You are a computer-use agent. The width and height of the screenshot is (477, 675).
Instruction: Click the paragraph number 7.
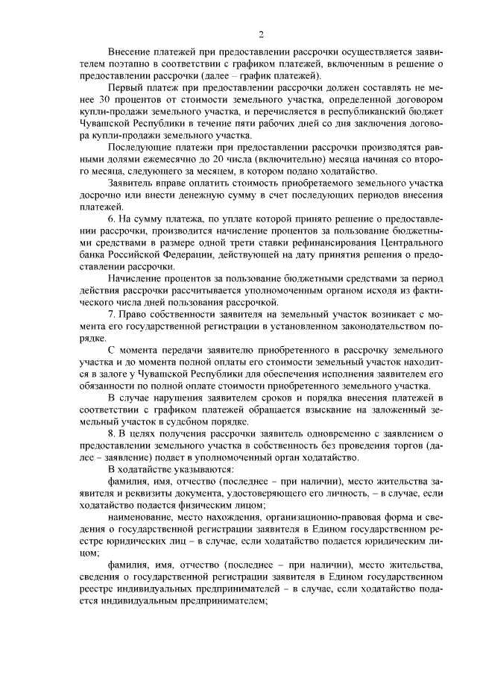tap(112, 319)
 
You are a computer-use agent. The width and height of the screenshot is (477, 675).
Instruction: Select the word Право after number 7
tap(135, 319)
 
